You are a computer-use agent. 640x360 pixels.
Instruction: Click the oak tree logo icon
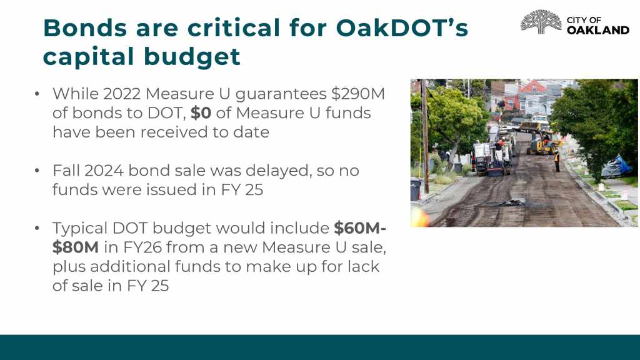(x=541, y=22)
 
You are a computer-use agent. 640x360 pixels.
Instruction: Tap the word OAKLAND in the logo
(x=598, y=30)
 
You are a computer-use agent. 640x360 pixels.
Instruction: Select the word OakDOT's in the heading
(x=402, y=27)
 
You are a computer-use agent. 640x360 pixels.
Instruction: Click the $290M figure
(x=358, y=94)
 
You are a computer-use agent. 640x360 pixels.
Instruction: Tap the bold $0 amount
(x=201, y=113)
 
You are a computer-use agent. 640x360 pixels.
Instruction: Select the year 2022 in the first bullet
(x=122, y=94)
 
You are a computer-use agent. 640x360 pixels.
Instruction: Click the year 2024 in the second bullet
(x=104, y=171)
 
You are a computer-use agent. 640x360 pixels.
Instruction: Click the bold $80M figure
(x=76, y=247)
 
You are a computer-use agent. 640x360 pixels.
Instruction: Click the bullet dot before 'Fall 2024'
(x=37, y=171)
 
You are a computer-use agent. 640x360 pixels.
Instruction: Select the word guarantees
(x=281, y=94)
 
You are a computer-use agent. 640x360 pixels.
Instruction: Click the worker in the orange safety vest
(x=557, y=161)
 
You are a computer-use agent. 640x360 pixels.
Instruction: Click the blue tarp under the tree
(x=616, y=167)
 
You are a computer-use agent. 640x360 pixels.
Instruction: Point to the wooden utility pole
(x=425, y=136)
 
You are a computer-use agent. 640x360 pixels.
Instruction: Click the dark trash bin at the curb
(x=416, y=190)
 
